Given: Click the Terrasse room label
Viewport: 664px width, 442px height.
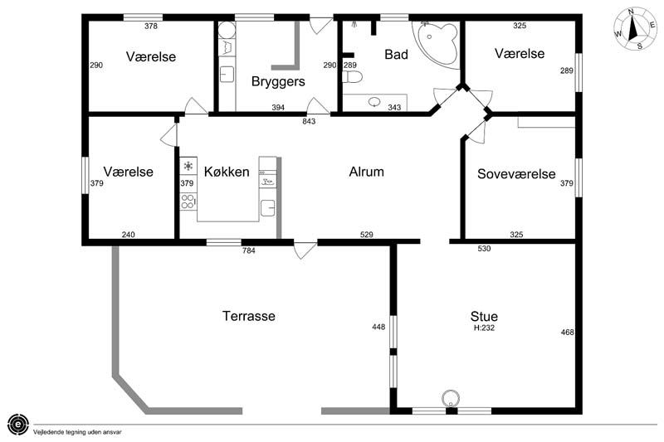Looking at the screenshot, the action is pyautogui.click(x=248, y=316).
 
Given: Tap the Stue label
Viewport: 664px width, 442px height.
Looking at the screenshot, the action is pyautogui.click(x=484, y=317).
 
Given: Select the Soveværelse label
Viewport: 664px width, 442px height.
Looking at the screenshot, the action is pyautogui.click(x=516, y=174).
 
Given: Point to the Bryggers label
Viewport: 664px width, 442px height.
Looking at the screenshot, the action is pyautogui.click(x=278, y=81).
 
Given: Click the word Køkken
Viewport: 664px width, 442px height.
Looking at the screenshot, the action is pyautogui.click(x=227, y=172).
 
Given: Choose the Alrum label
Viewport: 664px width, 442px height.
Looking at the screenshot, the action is pyautogui.click(x=366, y=172).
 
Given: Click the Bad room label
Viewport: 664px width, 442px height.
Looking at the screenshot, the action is pyautogui.click(x=397, y=55).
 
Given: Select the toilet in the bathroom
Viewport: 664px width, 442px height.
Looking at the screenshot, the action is pyautogui.click(x=352, y=77).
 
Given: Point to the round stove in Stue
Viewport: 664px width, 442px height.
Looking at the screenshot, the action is pyautogui.click(x=451, y=398).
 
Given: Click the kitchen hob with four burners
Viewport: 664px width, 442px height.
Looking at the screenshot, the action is pyautogui.click(x=188, y=202).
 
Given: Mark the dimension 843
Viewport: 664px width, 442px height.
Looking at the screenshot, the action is pyautogui.click(x=309, y=121).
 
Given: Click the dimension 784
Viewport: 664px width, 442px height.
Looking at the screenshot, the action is pyautogui.click(x=248, y=250).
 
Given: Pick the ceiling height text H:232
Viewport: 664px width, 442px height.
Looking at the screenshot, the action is pyautogui.click(x=484, y=328).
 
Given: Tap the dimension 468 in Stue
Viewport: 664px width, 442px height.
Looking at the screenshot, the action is pyautogui.click(x=568, y=333).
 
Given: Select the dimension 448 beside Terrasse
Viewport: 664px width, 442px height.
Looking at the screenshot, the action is pyautogui.click(x=378, y=327).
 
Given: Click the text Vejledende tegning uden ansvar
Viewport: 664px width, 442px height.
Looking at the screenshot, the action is pyautogui.click(x=77, y=432).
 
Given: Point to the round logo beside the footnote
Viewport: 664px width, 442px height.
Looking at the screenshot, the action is pyautogui.click(x=18, y=424).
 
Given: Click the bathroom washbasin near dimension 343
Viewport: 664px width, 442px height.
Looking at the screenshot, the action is pyautogui.click(x=374, y=102).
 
